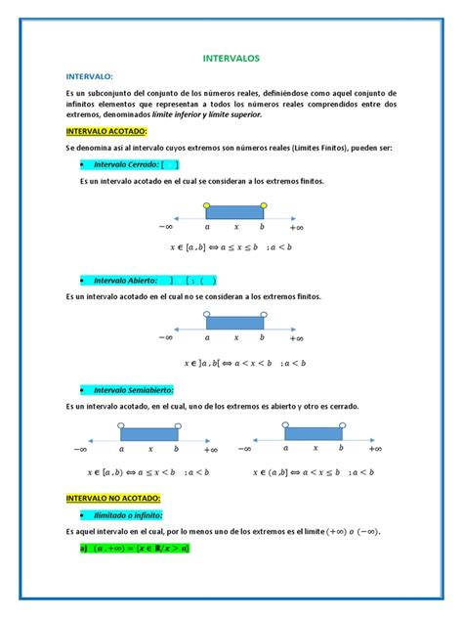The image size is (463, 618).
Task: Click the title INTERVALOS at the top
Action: tap(231, 59)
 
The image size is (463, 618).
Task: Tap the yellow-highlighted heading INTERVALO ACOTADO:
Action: tap(106, 131)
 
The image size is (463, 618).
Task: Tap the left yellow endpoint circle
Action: tap(207, 204)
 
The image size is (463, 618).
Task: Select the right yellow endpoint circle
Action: tap(263, 204)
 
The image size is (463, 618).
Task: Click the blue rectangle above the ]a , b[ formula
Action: tap(234, 322)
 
